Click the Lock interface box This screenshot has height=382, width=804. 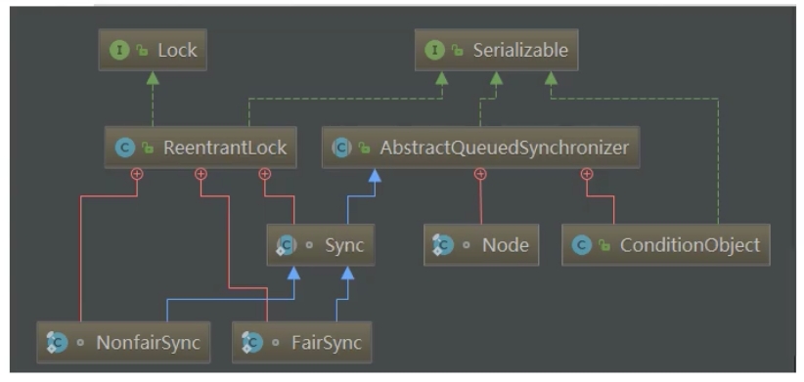(x=153, y=50)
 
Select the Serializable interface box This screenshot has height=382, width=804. (x=496, y=50)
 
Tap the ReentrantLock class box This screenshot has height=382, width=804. (x=201, y=148)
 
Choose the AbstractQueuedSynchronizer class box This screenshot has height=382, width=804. (x=480, y=148)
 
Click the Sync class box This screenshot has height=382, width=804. (x=321, y=245)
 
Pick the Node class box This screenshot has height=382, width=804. (x=481, y=245)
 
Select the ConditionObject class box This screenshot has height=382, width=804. (x=665, y=245)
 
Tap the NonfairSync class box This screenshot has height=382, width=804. (x=123, y=342)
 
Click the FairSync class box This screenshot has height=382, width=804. (x=301, y=342)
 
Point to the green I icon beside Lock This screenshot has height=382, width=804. (x=120, y=50)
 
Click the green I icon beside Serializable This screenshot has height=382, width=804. (x=435, y=50)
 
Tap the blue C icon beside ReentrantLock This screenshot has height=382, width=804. (x=125, y=148)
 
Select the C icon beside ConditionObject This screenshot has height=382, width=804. (x=581, y=245)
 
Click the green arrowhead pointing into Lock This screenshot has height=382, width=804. (x=153, y=78)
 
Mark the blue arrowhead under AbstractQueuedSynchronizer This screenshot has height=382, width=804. (x=375, y=175)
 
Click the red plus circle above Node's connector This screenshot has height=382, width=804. (x=480, y=174)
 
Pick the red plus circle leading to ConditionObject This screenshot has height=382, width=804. (x=587, y=174)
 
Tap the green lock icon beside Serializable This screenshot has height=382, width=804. (x=457, y=50)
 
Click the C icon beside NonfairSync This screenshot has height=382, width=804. (x=58, y=343)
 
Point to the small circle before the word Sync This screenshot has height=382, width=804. (x=309, y=245)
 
